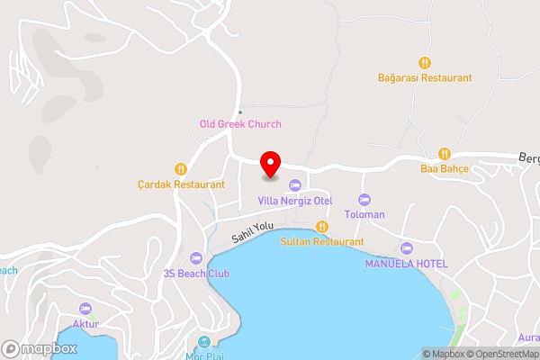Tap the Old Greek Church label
[x=240, y=124]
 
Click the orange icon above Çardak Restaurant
[x=181, y=167]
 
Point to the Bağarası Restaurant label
[x=425, y=78]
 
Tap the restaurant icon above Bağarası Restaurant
[x=425, y=62]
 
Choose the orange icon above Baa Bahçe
[x=444, y=153]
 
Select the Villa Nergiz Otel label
[x=295, y=200]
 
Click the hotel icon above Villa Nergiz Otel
[x=295, y=184]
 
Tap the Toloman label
[x=364, y=214]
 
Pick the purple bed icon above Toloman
[x=364, y=199]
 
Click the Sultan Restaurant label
[x=322, y=241]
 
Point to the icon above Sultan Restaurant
[x=322, y=226]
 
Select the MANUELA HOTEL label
[x=406, y=263]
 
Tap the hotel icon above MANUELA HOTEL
[x=406, y=247]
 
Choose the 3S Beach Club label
[x=196, y=274]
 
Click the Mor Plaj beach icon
[x=204, y=342]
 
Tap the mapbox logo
[x=38, y=348]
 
